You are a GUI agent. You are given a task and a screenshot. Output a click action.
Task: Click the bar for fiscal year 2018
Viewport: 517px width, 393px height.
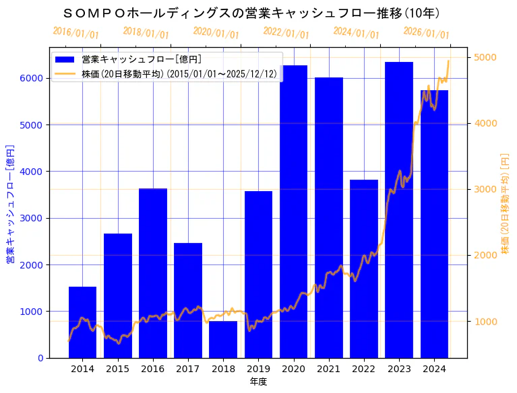coord(223,340)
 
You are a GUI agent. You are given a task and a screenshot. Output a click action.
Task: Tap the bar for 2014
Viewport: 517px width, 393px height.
coord(82,322)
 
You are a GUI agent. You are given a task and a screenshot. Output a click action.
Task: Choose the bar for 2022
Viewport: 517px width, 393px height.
coord(364,269)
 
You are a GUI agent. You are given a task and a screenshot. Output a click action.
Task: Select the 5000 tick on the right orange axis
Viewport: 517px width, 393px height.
coord(486,57)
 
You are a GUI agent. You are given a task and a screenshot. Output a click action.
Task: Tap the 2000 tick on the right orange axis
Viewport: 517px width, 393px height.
coord(486,255)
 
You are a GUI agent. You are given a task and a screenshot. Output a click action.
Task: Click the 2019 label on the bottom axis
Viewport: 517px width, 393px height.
coord(258,369)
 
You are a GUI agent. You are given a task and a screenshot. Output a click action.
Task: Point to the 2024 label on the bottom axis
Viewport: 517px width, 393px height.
coord(434,369)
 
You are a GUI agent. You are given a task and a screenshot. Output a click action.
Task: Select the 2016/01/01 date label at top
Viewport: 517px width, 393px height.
coord(75,33)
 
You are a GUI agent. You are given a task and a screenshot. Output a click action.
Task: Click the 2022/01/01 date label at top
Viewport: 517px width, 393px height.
coord(286,33)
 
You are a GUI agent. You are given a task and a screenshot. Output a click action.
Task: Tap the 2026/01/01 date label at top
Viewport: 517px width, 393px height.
coord(426,33)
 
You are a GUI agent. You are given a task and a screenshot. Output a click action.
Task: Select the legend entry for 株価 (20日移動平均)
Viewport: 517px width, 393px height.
coord(179,73)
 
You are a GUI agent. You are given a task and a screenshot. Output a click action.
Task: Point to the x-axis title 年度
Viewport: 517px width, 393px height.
coord(258,382)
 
